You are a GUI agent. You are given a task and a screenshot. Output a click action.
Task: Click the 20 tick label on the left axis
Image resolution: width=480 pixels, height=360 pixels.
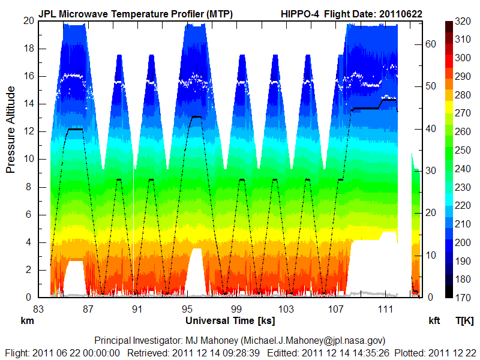(x=28, y=20)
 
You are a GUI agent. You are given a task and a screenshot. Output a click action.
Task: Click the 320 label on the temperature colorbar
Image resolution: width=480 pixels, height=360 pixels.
(x=462, y=21)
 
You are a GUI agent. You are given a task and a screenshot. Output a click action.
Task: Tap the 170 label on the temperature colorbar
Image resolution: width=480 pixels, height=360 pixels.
(x=462, y=298)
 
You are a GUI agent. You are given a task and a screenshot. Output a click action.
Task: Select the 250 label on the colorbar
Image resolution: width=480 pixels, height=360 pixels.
(x=462, y=150)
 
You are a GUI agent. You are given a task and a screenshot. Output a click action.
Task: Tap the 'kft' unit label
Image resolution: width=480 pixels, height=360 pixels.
(x=434, y=321)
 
